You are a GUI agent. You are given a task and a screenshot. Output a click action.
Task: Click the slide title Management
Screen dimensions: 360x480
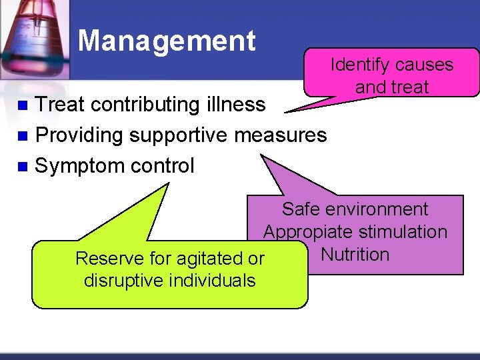pos(167,41)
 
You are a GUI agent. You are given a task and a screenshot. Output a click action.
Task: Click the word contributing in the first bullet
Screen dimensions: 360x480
pos(143,105)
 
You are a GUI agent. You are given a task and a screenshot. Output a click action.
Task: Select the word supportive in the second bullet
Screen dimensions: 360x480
pos(179,135)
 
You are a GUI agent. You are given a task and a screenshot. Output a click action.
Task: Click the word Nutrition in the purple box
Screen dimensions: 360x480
pos(355,255)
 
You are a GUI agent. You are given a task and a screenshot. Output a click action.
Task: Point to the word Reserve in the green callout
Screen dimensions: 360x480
pos(105,258)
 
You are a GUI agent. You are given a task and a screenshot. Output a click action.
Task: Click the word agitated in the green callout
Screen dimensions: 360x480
pos(204,258)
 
